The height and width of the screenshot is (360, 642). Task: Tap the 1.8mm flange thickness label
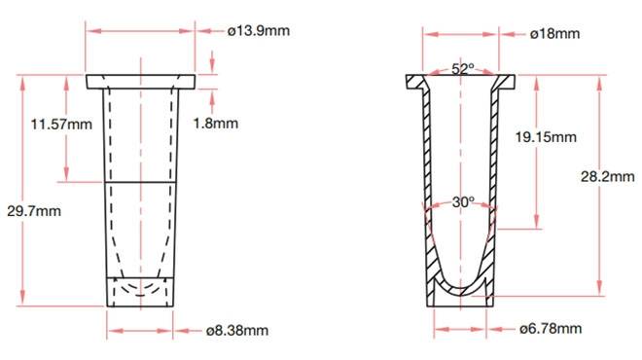pos(215,125)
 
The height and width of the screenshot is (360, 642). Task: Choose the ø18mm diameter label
pos(554,34)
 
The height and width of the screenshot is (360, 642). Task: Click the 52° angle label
pos(462,69)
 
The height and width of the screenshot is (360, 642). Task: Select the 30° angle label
pos(463,202)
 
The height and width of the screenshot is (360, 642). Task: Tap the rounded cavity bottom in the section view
pos(460,285)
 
